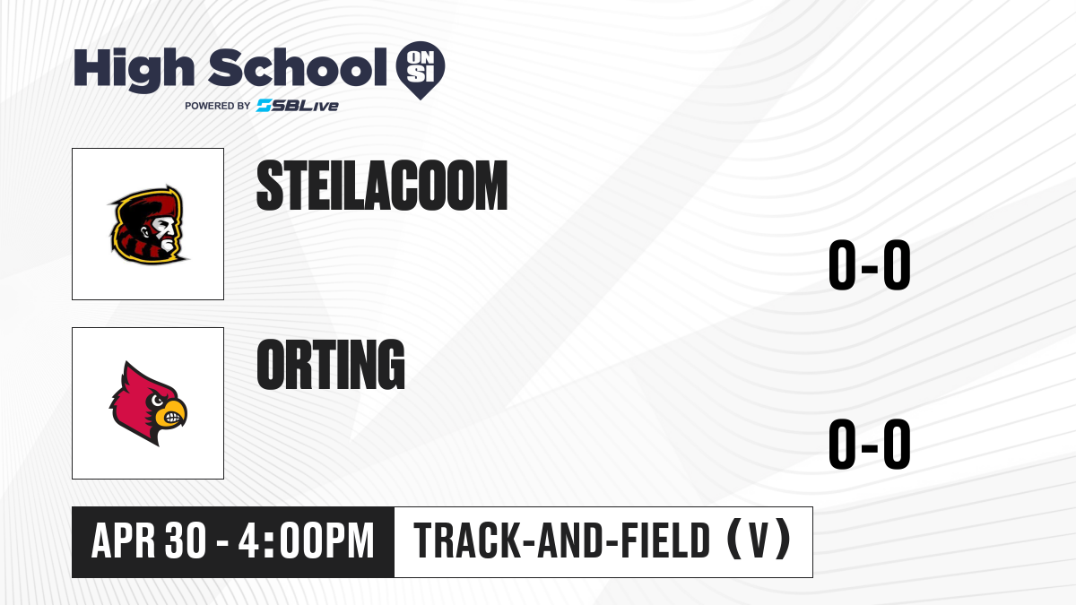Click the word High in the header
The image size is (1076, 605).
[134, 70]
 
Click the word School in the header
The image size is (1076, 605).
[298, 67]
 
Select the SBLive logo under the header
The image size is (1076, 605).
[298, 106]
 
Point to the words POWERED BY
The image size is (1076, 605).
[218, 106]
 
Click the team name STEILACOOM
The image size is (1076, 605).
[382, 186]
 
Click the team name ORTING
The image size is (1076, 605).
[331, 365]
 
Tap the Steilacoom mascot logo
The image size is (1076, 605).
[148, 224]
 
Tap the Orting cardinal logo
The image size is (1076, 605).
[148, 403]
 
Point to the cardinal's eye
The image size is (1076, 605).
[157, 401]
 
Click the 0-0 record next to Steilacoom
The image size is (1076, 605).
[870, 264]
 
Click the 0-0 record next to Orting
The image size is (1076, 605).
[870, 444]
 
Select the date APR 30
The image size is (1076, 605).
[149, 540]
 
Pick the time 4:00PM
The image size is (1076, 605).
[306, 540]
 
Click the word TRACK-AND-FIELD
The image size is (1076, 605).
[561, 540]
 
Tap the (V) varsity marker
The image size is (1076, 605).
[759, 540]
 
